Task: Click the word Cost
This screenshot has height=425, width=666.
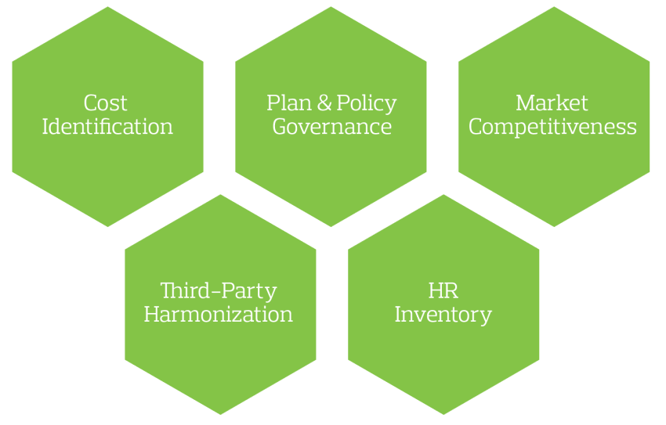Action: [106, 103]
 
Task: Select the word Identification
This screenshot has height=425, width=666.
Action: [107, 127]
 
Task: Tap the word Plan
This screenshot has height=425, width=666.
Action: [284, 103]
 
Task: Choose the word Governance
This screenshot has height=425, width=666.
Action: [331, 127]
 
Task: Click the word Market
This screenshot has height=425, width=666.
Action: [552, 103]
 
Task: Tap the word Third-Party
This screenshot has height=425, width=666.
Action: [219, 292]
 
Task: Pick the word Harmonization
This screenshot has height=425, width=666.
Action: [219, 315]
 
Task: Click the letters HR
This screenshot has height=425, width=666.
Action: [443, 292]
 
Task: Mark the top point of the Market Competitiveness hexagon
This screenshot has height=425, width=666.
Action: [553, 7]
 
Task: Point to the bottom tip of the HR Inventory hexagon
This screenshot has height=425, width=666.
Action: [443, 414]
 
